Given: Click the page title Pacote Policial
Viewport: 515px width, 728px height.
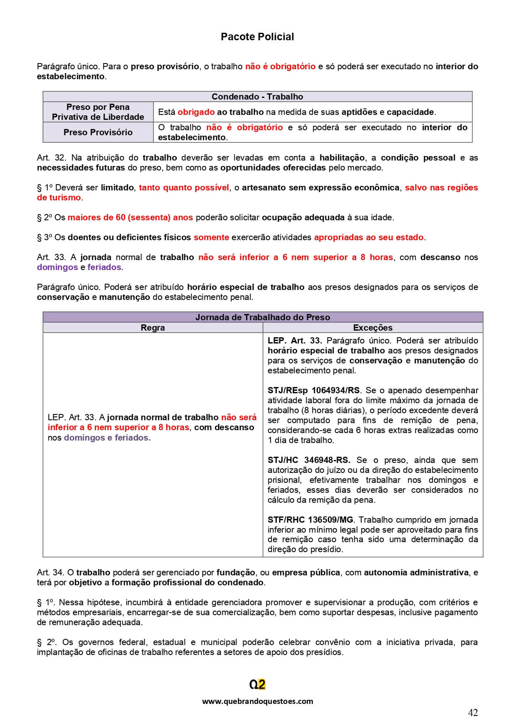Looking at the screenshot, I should click(x=257, y=37).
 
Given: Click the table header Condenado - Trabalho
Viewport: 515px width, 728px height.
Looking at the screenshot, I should click(x=257, y=97).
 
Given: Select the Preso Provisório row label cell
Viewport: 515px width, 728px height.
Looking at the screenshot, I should click(x=98, y=132).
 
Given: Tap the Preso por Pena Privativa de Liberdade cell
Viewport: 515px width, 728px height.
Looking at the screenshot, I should click(x=98, y=112).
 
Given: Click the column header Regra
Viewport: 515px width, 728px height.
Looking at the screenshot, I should click(x=153, y=328).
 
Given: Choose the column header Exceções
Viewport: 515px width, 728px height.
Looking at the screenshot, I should click(x=373, y=328).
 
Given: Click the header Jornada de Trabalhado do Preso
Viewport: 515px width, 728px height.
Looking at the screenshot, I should click(x=263, y=317).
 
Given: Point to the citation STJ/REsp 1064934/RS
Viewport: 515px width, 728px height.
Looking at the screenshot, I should click(x=314, y=390).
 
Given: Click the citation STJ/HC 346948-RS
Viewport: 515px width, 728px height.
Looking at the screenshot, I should click(x=309, y=460).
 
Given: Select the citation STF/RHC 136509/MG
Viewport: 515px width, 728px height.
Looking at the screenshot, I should click(x=310, y=520).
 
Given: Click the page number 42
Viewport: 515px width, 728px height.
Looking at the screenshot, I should click(x=473, y=713).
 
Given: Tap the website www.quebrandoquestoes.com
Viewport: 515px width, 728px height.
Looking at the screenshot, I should click(x=257, y=701).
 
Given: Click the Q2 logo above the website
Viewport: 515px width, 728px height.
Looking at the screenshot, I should click(x=257, y=684).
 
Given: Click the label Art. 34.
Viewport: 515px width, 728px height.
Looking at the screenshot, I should click(x=49, y=572).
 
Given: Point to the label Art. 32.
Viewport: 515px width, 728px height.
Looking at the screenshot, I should click(x=49, y=158).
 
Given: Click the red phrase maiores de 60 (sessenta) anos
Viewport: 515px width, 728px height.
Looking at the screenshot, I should click(x=130, y=217).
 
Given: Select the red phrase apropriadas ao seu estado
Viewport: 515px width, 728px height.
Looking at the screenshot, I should click(x=369, y=237).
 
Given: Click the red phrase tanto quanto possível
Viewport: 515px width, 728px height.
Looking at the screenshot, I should click(x=184, y=187).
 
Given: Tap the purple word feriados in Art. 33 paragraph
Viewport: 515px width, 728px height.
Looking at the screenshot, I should click(x=104, y=267).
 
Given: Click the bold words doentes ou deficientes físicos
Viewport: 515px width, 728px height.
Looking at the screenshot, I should click(x=129, y=237).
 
